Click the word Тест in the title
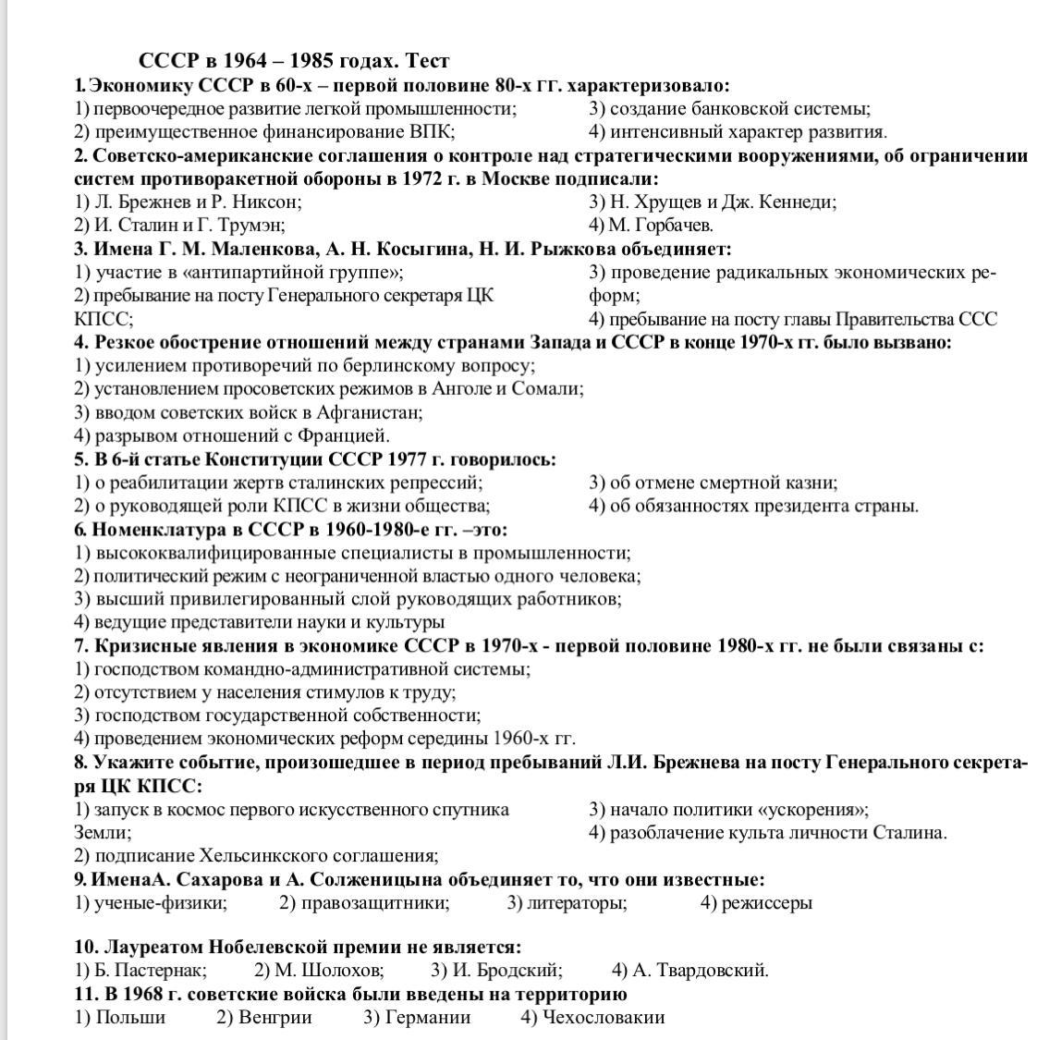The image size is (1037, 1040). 426,62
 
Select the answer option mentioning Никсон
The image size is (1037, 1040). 189,202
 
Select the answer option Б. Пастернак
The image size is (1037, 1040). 140,971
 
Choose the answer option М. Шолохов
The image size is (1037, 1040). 319,971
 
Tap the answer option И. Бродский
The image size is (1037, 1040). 497,971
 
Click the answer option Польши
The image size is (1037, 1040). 120,1018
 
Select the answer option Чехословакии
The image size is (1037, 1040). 592,1018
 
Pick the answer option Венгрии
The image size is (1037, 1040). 264,1018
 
